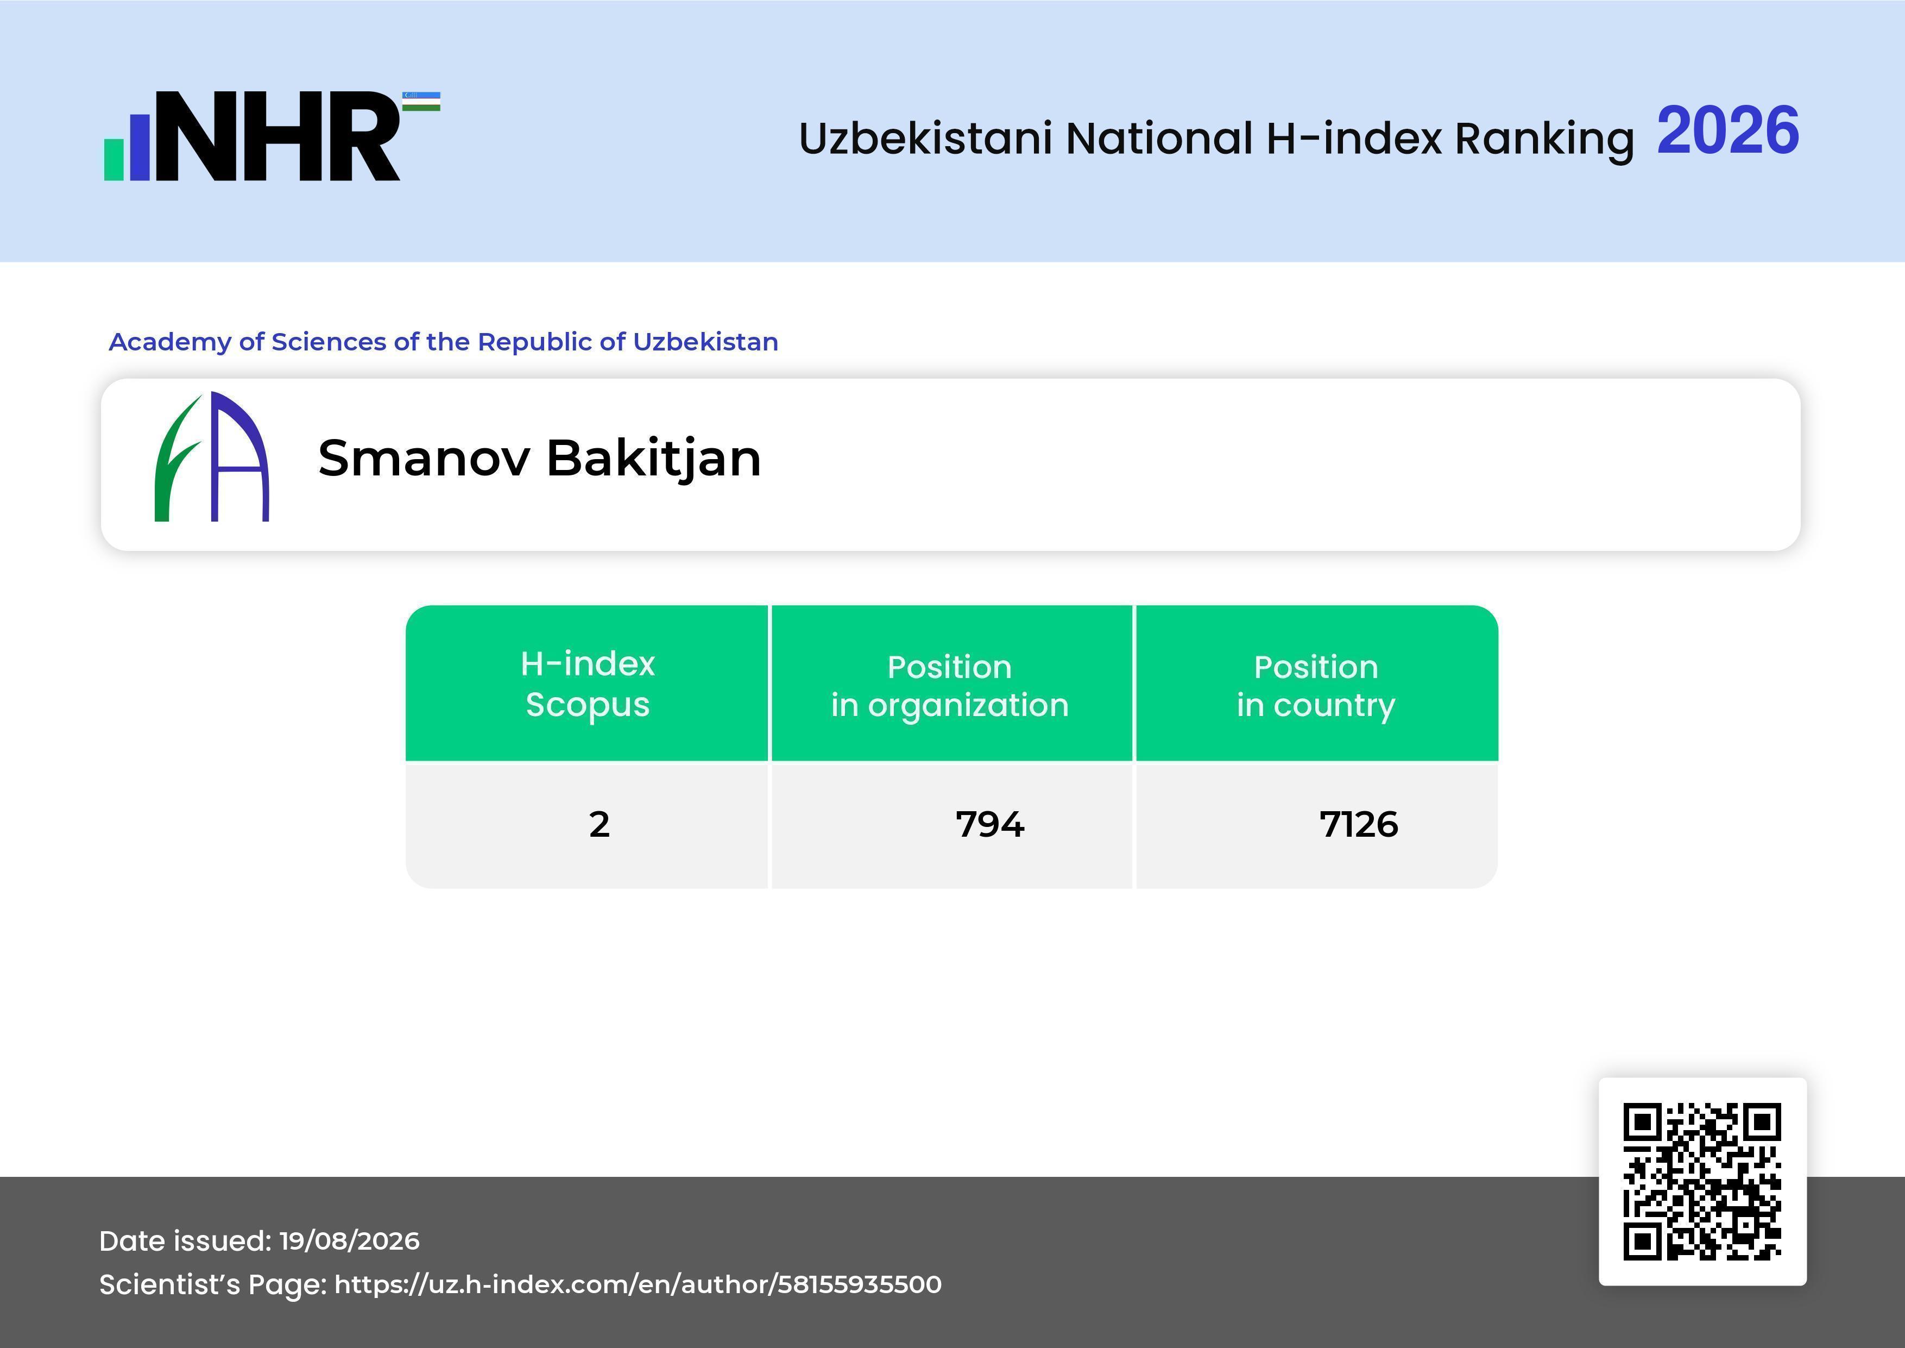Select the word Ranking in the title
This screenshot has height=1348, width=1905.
pyautogui.click(x=1544, y=139)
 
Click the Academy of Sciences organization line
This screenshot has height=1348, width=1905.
pyautogui.click(x=444, y=342)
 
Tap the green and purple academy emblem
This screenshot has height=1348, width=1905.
pyautogui.click(x=212, y=456)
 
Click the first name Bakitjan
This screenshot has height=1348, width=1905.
pyautogui.click(x=654, y=459)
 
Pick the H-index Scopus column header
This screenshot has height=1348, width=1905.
pyautogui.click(x=588, y=684)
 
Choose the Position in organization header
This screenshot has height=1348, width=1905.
pyautogui.click(x=950, y=686)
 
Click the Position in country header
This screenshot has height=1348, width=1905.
pyautogui.click(x=1316, y=686)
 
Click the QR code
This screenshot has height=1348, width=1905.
pyautogui.click(x=1702, y=1181)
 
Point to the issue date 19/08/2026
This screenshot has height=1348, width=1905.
pyautogui.click(x=349, y=1241)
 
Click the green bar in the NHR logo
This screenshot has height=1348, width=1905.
pyautogui.click(x=113, y=159)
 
